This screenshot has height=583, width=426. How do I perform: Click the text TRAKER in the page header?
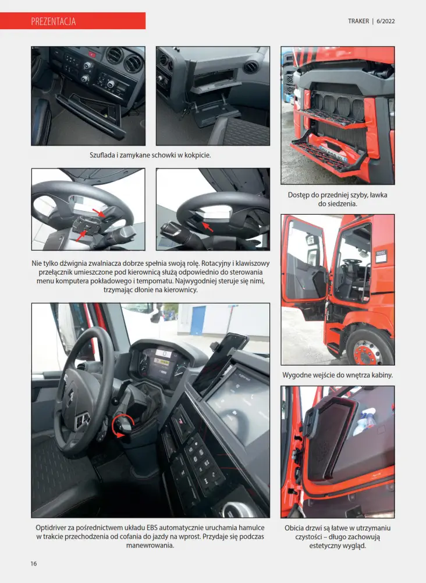(x=358, y=21)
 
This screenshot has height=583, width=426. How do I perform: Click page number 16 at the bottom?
(x=34, y=563)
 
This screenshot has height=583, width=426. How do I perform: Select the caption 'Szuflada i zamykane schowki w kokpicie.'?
(x=150, y=156)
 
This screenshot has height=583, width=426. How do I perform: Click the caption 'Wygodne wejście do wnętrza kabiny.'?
(x=338, y=375)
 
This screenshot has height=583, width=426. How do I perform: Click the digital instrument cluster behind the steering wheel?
(x=163, y=364)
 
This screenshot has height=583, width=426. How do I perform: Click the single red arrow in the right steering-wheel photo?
(x=207, y=226)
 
